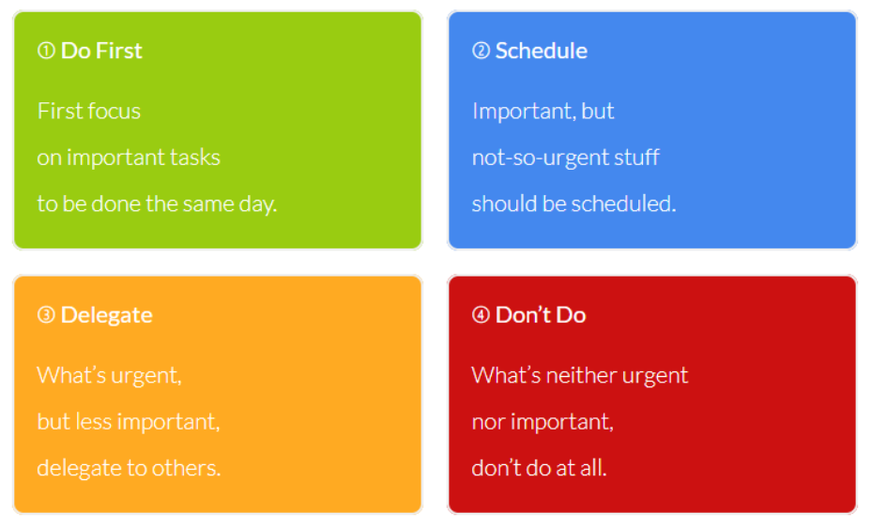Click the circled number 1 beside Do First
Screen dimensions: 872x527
coord(46,51)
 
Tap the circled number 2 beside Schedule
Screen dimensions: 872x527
coord(481,51)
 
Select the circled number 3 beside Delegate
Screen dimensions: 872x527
coord(46,315)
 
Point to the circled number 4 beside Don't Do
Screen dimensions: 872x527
coord(481,315)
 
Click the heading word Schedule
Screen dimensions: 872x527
coord(541,51)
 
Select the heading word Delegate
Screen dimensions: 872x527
coord(106,315)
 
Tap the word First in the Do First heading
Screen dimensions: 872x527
coord(118,51)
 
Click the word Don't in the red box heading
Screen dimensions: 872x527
coord(522,315)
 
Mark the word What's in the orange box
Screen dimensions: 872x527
coord(71,375)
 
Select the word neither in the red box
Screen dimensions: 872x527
coord(581,375)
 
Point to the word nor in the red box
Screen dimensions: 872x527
coord(488,423)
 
